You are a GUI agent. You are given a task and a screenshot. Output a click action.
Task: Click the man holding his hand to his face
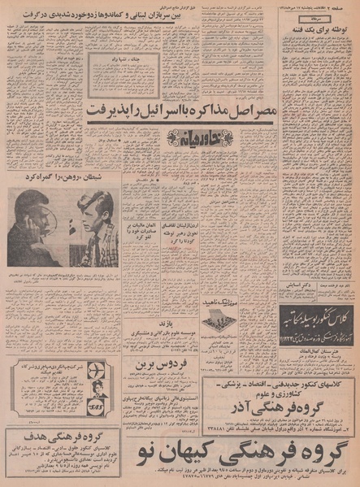click(x=34, y=220)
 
